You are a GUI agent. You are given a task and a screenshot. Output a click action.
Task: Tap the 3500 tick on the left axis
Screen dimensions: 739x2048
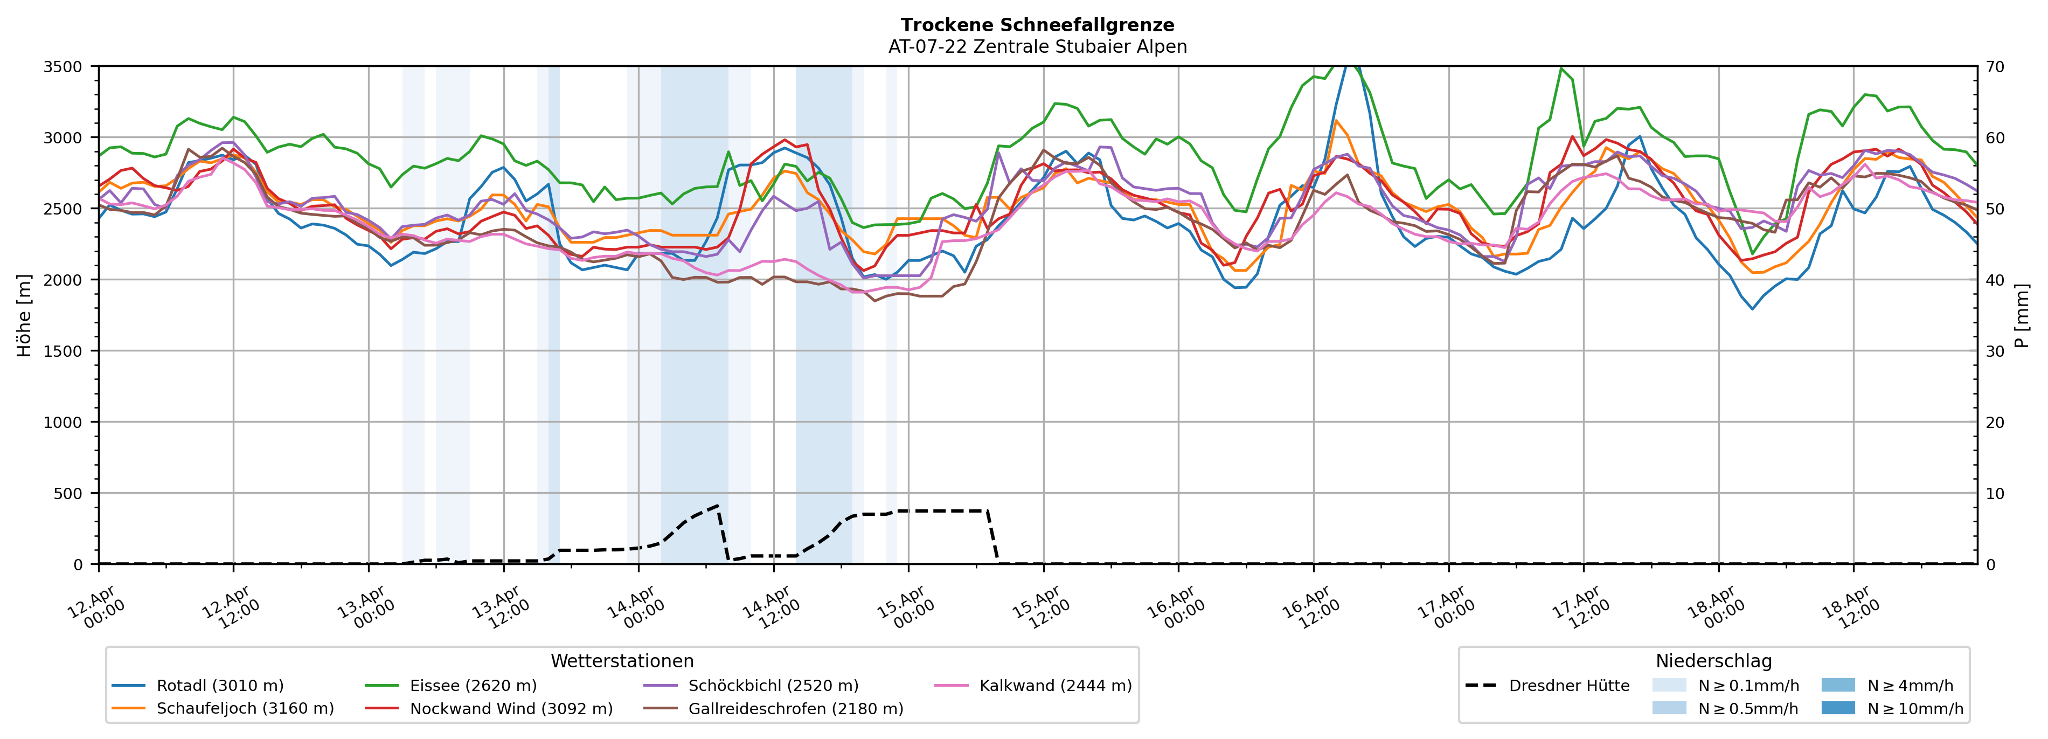click(63, 67)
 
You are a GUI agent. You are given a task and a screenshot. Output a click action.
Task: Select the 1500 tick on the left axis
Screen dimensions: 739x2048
click(63, 351)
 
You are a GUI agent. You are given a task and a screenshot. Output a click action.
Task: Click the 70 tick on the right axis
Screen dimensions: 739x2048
click(1995, 67)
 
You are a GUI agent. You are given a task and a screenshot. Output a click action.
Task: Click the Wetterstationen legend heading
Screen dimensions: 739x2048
click(622, 661)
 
